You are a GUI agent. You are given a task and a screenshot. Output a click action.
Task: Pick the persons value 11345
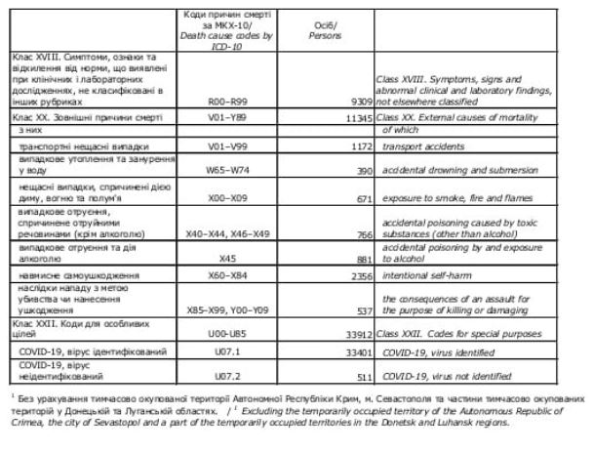[x=358, y=116]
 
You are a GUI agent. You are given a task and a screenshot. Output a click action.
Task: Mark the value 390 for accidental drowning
[x=365, y=170]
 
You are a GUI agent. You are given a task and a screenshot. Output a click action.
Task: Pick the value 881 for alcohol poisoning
[x=365, y=260]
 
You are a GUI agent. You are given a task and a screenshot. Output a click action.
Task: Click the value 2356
[x=361, y=277]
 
